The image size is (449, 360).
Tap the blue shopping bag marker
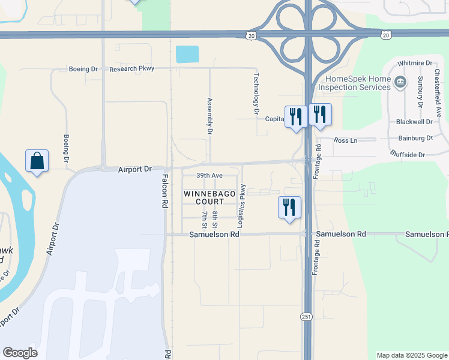pos(37,161)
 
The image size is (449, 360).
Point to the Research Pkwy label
pos(132,69)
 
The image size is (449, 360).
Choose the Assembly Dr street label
pos(210,115)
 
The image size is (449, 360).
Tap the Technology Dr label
pos(256,94)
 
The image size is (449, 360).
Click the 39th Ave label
pos(209,175)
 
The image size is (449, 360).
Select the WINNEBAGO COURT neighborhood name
pos(204,198)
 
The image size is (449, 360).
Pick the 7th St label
pos(205,220)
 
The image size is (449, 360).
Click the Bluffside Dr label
pos(408,155)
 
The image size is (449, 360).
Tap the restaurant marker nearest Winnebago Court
pos(289,208)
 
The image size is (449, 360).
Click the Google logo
pos(20,353)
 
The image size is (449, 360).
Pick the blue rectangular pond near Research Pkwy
pos(187,55)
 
